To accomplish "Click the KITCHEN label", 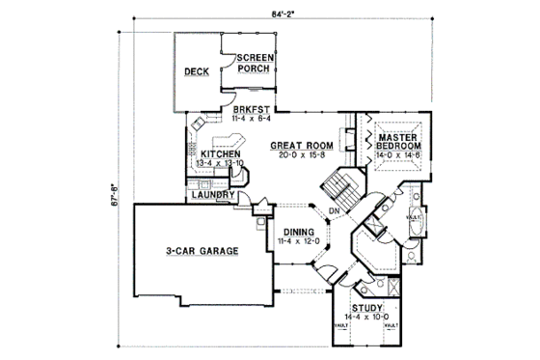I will pos(220,153).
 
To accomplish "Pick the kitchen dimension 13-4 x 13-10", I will pos(220,164).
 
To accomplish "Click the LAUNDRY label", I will pos(212,195).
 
